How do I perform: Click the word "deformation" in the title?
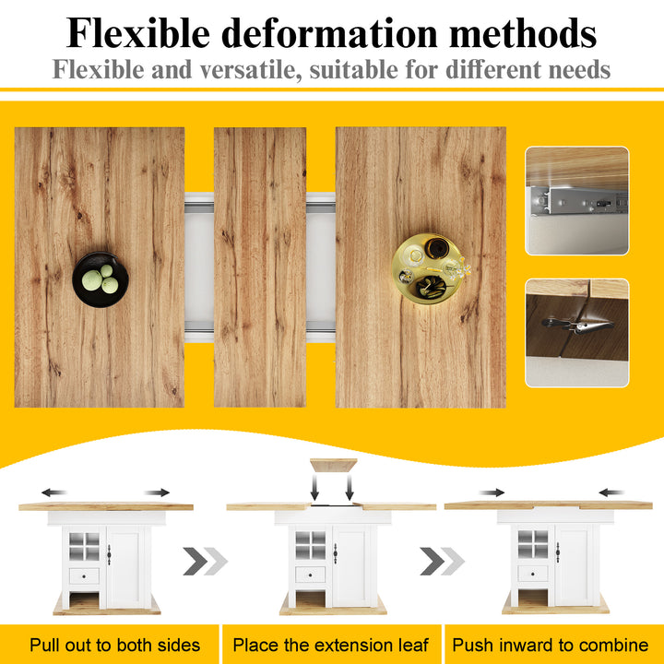coord(329,33)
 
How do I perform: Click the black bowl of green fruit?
coord(101,279)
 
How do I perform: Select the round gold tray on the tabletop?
coord(428,268)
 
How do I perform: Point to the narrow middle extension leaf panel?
coord(260,267)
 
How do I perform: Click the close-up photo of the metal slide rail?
coord(576,201)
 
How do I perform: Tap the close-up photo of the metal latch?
coord(576,333)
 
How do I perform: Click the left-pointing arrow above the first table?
coord(53,492)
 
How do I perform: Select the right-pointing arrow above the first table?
coord(157,492)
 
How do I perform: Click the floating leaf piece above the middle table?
coord(333,465)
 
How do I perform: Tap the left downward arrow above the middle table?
coord(314,488)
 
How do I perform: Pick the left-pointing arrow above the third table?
coord(611,492)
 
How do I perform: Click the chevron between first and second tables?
coord(206,561)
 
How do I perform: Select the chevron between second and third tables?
coord(442,561)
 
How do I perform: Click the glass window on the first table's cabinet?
coord(84,547)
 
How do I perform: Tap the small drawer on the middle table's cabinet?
coord(311,575)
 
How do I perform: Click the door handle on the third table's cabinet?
coord(558,552)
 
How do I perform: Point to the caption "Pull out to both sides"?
coord(114,645)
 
